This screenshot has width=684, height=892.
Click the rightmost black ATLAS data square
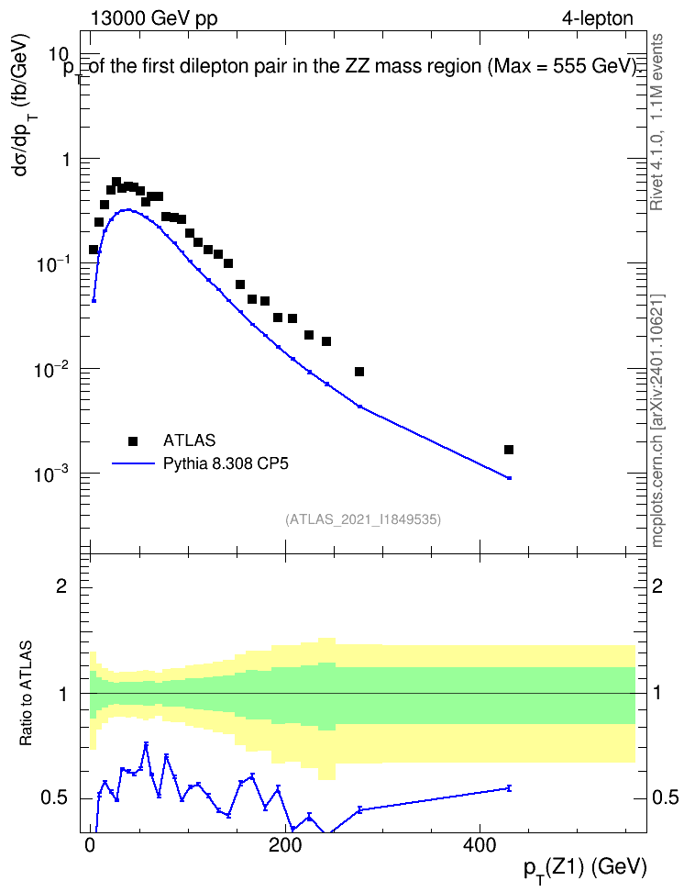pyautogui.click(x=509, y=450)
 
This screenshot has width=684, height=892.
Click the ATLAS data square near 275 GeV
pyautogui.click(x=359, y=372)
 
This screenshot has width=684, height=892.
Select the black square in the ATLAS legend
pyautogui.click(x=133, y=440)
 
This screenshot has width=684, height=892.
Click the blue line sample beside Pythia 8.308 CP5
pyautogui.click(x=133, y=463)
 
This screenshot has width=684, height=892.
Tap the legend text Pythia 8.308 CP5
pyautogui.click(x=226, y=463)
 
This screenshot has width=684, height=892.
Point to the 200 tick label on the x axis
pyautogui.click(x=285, y=846)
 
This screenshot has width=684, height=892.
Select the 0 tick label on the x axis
pyautogui.click(x=91, y=846)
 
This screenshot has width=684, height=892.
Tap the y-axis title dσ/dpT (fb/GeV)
pyautogui.click(x=23, y=106)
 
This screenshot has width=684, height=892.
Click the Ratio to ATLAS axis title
pyautogui.click(x=26, y=694)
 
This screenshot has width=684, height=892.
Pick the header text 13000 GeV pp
pyautogui.click(x=154, y=18)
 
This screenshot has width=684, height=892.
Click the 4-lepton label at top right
pyautogui.click(x=598, y=18)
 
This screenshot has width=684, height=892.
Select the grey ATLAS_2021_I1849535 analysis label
pyautogui.click(x=363, y=518)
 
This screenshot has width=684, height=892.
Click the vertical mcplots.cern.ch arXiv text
pyautogui.click(x=657, y=420)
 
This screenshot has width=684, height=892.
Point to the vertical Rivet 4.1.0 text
pyautogui.click(x=657, y=122)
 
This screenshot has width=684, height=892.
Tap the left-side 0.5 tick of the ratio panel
pyautogui.click(x=54, y=798)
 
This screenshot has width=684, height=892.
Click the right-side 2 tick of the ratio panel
pyautogui.click(x=657, y=585)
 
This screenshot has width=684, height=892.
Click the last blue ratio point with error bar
pyautogui.click(x=509, y=788)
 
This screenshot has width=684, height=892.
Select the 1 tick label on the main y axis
pyautogui.click(x=66, y=160)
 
